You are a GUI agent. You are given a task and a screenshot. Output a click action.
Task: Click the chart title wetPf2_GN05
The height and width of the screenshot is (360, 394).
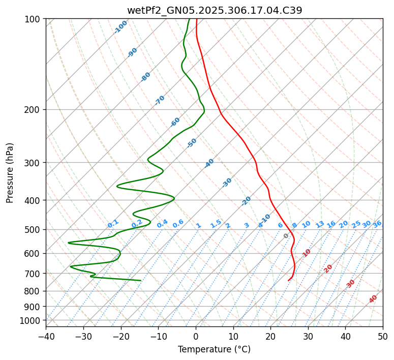[214, 10]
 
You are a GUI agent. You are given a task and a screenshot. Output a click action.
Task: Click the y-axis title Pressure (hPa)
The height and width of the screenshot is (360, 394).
[10, 173]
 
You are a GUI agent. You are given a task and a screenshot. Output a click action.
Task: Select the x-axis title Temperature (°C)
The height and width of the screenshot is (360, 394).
[214, 350]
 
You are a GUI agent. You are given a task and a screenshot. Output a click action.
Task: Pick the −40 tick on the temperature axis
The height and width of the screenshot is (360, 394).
[46, 336]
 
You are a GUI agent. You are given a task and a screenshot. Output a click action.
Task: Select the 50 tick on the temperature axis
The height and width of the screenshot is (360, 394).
[383, 336]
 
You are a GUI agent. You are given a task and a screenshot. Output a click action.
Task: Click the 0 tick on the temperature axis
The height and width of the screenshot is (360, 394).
[196, 336]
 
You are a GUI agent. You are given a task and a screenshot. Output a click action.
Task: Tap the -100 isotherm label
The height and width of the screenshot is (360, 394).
[121, 26]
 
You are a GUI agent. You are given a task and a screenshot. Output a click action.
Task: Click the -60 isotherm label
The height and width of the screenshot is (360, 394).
[175, 122]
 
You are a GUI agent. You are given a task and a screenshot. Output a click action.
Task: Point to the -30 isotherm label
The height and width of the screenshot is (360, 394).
[227, 183]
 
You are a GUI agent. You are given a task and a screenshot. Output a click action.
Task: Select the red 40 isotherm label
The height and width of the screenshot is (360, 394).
[373, 299]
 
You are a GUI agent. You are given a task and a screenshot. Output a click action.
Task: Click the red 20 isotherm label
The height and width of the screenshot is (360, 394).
[328, 268]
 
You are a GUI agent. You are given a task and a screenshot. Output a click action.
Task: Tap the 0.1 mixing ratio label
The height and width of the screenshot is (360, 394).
[113, 223]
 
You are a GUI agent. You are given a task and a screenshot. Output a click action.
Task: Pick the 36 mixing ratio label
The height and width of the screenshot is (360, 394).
[377, 224]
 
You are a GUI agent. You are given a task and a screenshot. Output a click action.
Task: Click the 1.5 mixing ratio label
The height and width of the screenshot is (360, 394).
[216, 223]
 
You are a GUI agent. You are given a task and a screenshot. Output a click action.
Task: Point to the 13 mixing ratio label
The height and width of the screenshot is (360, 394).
[320, 224]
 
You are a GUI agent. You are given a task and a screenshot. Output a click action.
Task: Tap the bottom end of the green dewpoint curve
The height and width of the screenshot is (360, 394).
[141, 280]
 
